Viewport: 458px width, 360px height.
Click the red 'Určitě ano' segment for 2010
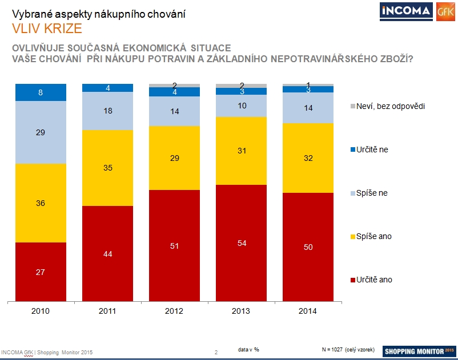coord(41,272)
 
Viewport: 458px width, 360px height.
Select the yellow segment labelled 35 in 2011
coord(107,168)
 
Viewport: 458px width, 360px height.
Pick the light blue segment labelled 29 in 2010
coord(41,132)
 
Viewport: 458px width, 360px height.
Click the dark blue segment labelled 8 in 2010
coord(41,92)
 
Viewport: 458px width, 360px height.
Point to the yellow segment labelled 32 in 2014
coord(308,158)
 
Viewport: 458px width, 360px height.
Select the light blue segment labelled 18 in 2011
coord(107,111)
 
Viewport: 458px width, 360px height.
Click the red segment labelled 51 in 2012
coord(174,245)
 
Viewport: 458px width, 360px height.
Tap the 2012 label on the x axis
coord(174,311)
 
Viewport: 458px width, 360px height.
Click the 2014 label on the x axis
coord(308,311)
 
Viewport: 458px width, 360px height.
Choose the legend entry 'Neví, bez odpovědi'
coord(389,106)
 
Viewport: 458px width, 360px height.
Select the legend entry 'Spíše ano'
coord(375,236)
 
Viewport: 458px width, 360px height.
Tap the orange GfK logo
coord(445,12)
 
